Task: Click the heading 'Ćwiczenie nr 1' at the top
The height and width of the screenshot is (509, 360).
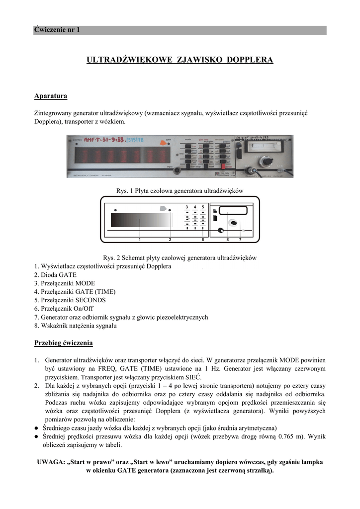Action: pos(57,30)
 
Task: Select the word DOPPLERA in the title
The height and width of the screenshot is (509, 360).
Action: pos(250,60)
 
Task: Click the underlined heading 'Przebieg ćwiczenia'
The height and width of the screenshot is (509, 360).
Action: pos(63,343)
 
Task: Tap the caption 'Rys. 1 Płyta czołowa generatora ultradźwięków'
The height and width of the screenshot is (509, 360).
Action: pos(179,191)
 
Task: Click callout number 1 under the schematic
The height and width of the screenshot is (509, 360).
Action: pos(140,240)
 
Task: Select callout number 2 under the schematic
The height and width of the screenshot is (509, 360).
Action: pos(170,240)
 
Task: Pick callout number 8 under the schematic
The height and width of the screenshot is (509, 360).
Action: pos(228,240)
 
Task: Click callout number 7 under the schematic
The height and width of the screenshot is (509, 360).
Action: pos(240,240)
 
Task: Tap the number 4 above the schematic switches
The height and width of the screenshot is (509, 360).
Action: pos(195,206)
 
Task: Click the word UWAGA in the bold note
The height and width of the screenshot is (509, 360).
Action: pos(50,462)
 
